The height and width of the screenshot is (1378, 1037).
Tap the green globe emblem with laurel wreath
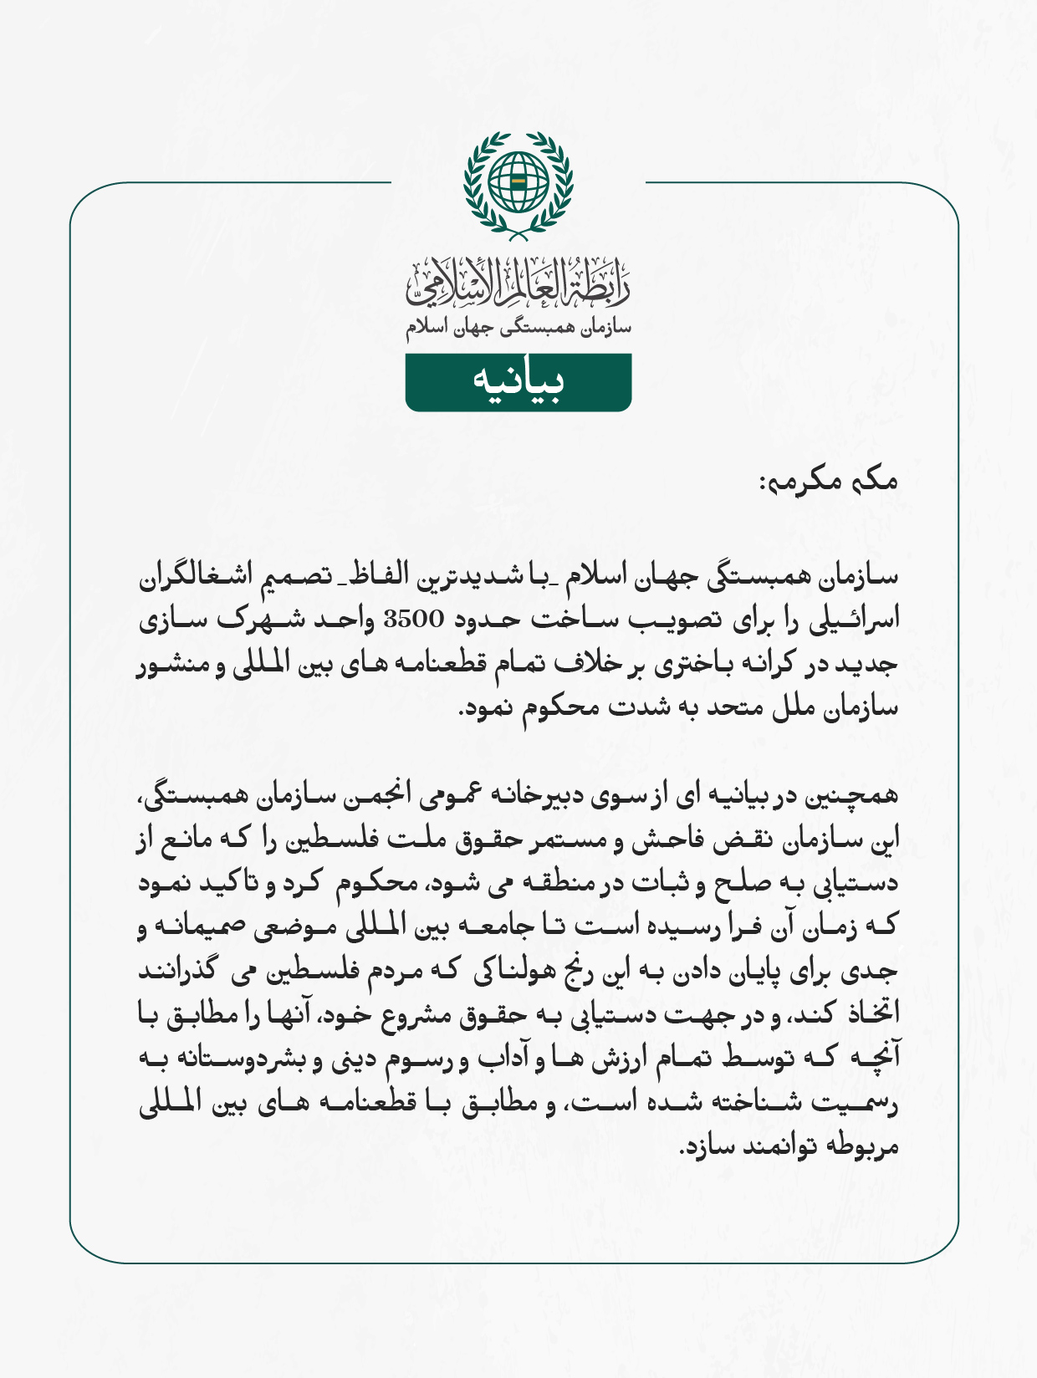[518, 182]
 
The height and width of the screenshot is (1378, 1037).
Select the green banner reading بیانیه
[518, 382]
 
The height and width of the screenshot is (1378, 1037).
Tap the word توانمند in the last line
[777, 1146]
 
